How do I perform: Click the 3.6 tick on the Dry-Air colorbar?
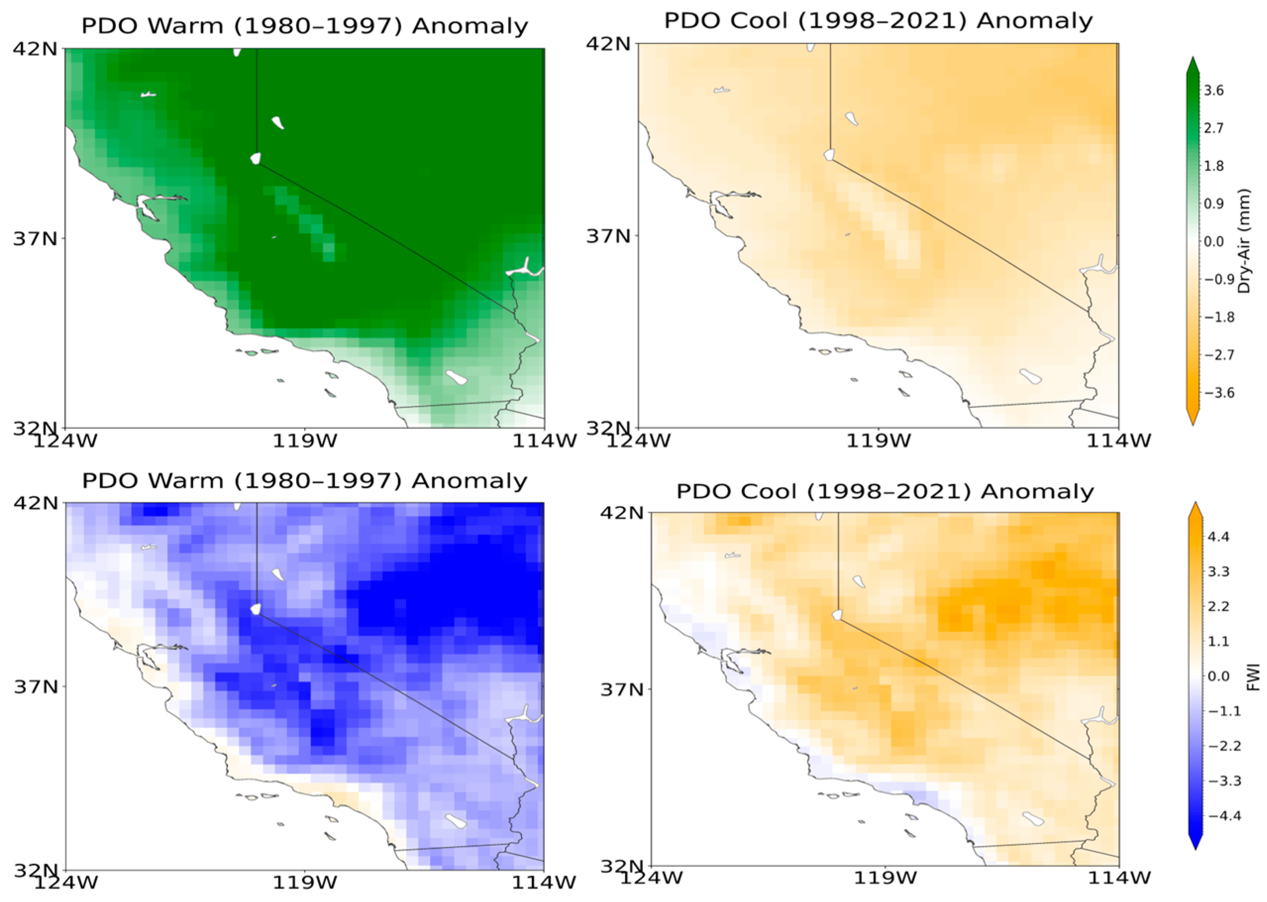1216,90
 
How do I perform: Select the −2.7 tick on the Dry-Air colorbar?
1213,355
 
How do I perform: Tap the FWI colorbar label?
1253,678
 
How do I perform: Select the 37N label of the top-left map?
36,239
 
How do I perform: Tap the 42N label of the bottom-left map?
36,502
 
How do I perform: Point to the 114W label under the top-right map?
1118,441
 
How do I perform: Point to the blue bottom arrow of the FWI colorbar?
1195,841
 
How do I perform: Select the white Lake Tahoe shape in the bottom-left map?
255,609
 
